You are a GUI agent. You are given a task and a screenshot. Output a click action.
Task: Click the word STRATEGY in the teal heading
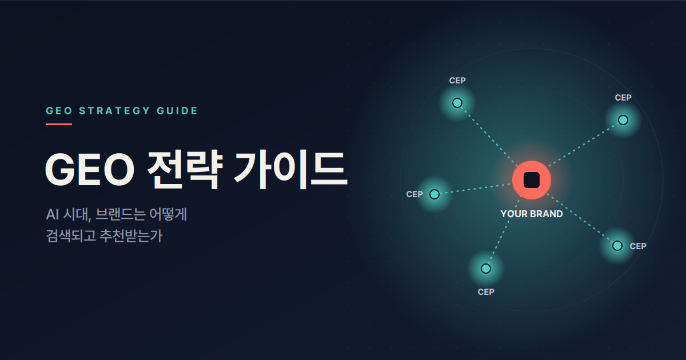coord(114,111)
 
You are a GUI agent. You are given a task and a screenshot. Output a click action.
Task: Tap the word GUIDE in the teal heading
coord(177,111)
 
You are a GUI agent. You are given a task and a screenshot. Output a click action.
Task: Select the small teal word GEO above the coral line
coord(59,111)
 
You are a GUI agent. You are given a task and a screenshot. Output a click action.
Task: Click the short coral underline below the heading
coord(59,125)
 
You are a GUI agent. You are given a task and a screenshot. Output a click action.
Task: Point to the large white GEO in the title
coord(90,169)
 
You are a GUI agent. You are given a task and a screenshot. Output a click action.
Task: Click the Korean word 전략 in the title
coord(185,170)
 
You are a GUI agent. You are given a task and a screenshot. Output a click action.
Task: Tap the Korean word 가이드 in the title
coord(291,170)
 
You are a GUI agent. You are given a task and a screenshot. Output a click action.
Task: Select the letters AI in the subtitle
coord(53,214)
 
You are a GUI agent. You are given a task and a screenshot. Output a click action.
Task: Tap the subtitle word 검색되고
coord(71,235)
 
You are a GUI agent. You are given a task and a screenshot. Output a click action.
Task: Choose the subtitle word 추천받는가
coord(131,235)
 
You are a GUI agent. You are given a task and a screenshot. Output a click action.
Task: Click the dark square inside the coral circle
coord(532,180)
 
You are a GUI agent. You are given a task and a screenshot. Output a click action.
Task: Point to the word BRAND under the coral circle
coord(546,214)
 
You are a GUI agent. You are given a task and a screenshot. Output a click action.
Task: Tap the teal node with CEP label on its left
coord(434,194)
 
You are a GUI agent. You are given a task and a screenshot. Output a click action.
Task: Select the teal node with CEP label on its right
coord(617,246)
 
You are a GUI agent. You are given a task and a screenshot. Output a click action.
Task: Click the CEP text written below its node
coord(486,292)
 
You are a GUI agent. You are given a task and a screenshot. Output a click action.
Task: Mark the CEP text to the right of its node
coord(638,246)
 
